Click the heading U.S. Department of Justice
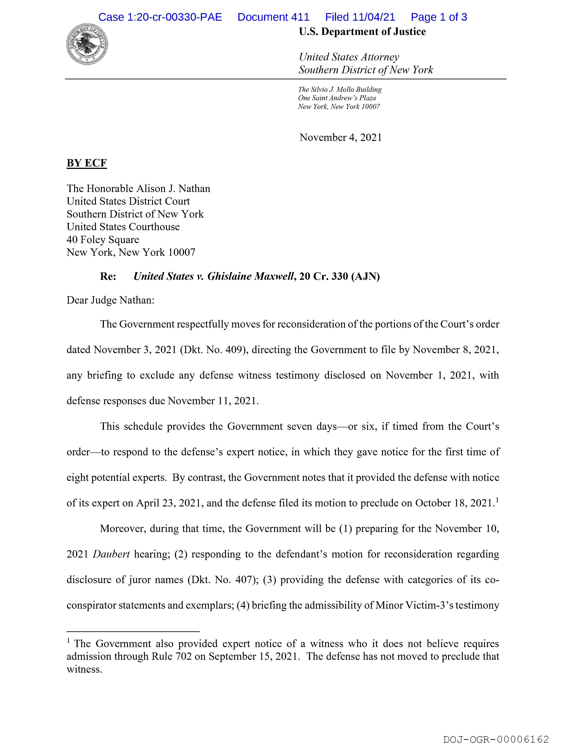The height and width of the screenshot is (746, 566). click(362, 32)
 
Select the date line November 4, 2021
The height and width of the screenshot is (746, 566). click(341, 138)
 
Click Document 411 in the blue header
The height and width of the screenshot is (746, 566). click(273, 17)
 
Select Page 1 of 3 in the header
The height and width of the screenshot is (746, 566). click(439, 17)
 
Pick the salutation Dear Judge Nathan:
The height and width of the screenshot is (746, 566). click(111, 300)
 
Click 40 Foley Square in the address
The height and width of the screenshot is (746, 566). click(103, 240)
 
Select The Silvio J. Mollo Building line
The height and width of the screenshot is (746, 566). click(340, 90)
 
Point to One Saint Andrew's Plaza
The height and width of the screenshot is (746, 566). click(337, 98)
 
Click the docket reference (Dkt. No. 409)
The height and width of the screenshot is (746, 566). click(214, 350)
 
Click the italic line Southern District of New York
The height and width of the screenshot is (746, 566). click(366, 70)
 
